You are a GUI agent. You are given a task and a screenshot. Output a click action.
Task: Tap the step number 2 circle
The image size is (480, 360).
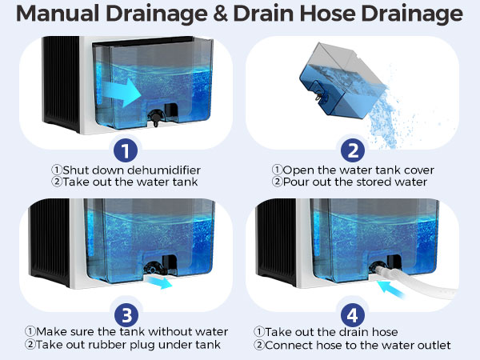(x=351, y=151)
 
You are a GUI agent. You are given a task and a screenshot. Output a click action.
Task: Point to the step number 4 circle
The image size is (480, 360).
(x=351, y=312)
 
